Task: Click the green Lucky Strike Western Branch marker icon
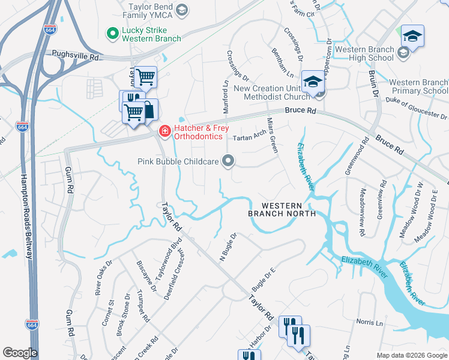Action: (112, 34)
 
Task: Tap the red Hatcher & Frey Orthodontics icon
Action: (164, 131)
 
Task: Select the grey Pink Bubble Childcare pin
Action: (228, 160)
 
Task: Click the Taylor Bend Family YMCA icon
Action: (182, 10)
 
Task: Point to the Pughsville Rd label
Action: (75, 56)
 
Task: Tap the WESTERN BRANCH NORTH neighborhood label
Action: (282, 209)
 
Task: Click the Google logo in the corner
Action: (20, 352)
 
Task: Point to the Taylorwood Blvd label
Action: (160, 259)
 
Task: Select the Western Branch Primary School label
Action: (418, 86)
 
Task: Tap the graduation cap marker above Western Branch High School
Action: (412, 36)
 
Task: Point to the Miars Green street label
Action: (272, 136)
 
